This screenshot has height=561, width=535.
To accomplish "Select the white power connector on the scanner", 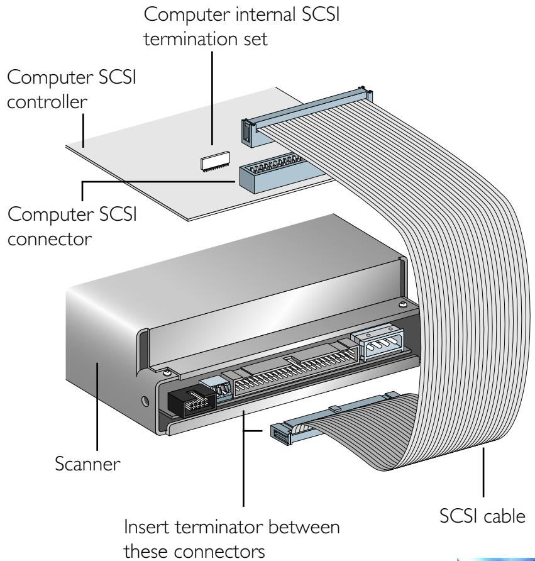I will (x=380, y=346).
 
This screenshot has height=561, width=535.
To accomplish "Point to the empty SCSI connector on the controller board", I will (x=270, y=175).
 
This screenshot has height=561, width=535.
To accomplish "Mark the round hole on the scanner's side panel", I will (x=146, y=400).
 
